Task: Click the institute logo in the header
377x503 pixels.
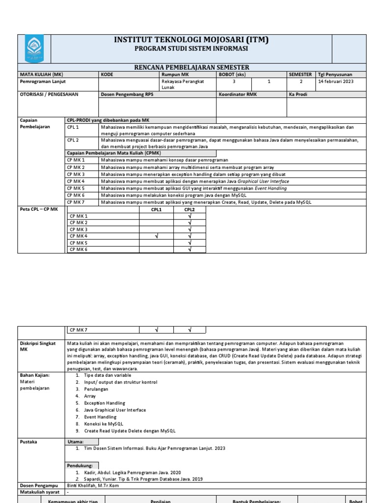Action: tap(34, 49)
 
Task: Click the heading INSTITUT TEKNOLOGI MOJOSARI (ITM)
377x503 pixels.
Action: tap(191, 40)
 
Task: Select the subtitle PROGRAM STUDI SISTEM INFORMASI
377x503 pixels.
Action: tap(191, 49)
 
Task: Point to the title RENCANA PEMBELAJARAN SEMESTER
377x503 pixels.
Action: tap(191, 67)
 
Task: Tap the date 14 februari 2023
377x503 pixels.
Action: tap(335, 82)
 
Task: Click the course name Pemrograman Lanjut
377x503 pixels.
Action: tap(43, 82)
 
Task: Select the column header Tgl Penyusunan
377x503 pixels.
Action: tap(335, 74)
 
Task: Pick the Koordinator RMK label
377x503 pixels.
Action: tap(238, 94)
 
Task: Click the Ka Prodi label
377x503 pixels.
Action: tap(298, 94)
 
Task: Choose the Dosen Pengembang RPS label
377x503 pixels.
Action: tap(127, 94)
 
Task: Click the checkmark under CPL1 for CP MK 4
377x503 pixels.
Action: tap(157, 236)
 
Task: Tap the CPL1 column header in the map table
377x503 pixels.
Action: tap(157, 210)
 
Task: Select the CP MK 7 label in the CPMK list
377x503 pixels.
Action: tap(76, 202)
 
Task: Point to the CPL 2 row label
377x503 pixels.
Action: tap(73, 140)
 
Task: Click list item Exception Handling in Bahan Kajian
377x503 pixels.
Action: tap(105, 403)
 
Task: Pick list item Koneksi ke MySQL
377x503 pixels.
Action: tap(104, 423)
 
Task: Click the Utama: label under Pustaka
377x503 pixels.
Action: tap(76, 442)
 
